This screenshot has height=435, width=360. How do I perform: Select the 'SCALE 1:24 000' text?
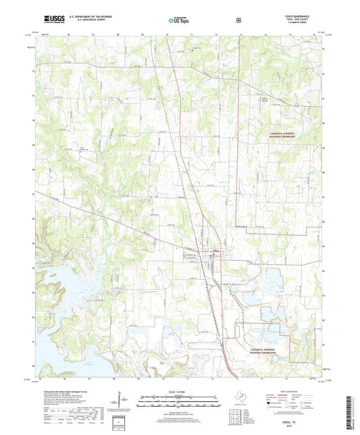pyautogui.click(x=180, y=392)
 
